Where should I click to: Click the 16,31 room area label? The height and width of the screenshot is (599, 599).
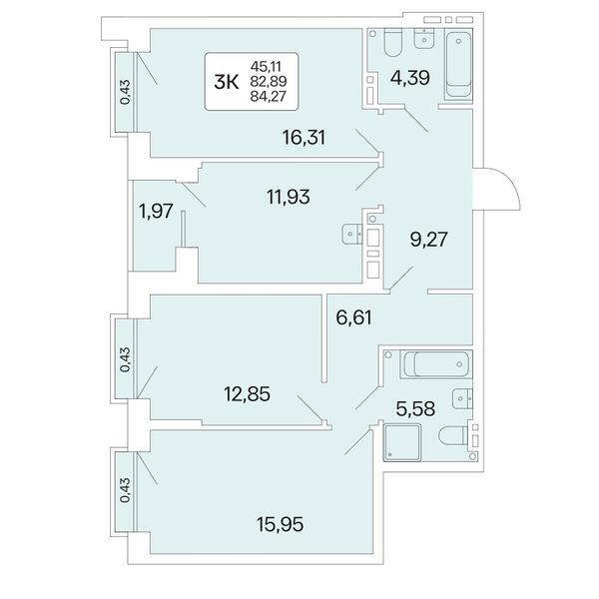[303, 138]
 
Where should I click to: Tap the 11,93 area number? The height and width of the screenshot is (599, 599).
[289, 197]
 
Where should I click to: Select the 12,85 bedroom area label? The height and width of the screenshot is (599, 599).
[247, 394]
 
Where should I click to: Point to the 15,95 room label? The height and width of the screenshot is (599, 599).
[281, 524]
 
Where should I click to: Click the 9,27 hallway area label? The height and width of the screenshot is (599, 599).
[428, 240]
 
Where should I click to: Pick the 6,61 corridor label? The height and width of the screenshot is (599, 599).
[353, 317]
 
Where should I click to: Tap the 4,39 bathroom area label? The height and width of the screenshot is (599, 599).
[410, 78]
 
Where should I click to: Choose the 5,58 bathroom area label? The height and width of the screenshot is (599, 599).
[415, 409]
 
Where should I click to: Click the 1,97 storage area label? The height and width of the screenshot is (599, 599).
[157, 211]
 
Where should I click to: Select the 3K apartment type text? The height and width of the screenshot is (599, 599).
[227, 82]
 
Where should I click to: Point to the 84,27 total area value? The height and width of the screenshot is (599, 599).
[269, 96]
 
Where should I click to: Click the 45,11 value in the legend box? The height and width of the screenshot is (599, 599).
[266, 67]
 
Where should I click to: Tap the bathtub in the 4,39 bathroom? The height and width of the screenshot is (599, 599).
[459, 65]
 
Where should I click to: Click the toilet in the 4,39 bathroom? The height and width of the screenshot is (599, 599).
[393, 42]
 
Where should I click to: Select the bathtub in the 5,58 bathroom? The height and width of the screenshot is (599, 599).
[436, 364]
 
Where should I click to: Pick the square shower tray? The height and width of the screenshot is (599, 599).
[402, 442]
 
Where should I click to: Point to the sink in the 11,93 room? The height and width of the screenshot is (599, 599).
[351, 235]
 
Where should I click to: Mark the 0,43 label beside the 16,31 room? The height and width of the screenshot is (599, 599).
[125, 92]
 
